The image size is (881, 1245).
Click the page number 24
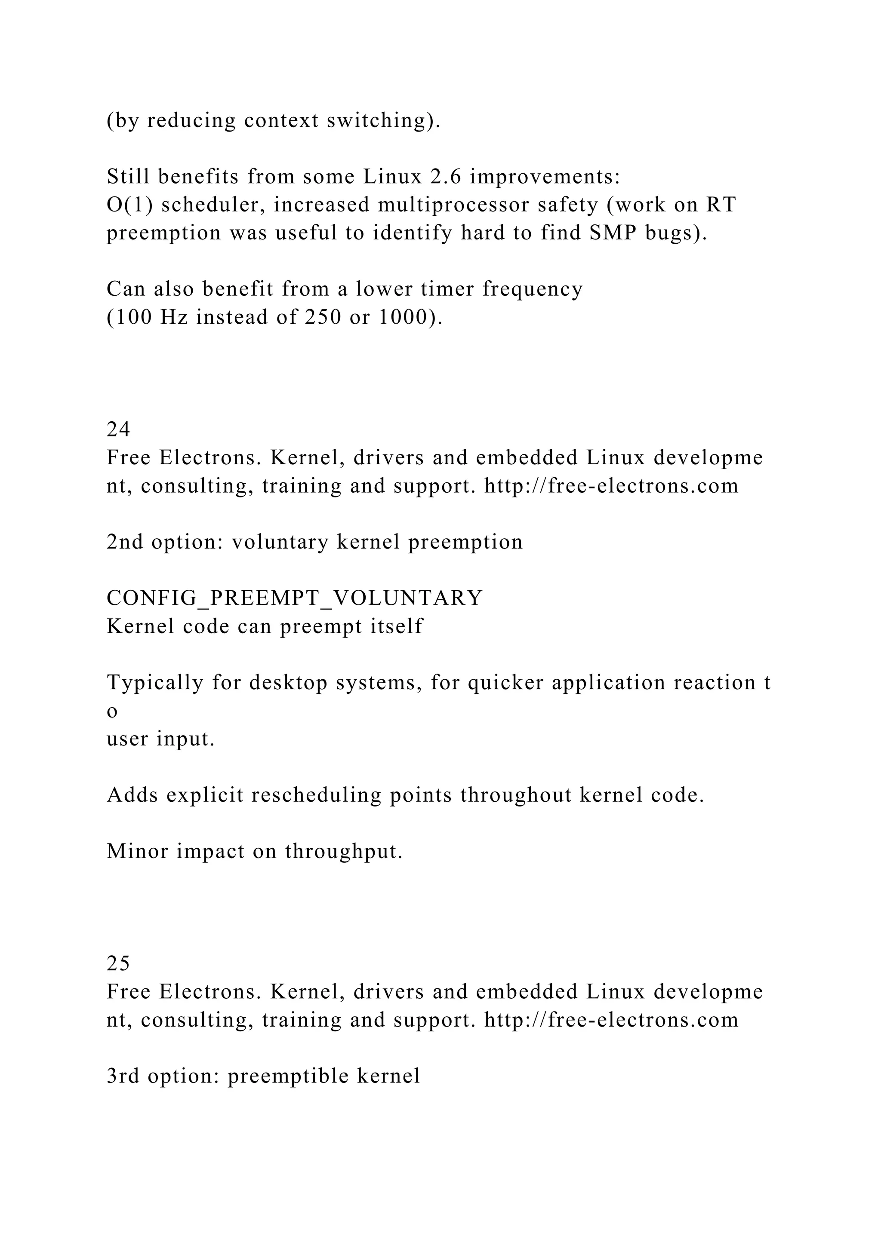(118, 430)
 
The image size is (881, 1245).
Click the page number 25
(118, 963)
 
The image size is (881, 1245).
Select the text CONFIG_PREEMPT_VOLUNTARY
(294, 598)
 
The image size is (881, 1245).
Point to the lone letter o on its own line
(112, 711)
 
